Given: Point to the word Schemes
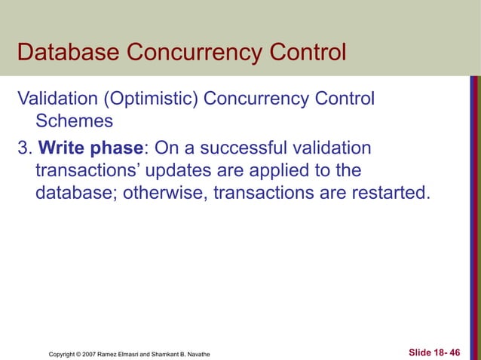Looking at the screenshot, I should pyautogui.click(x=72, y=122).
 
